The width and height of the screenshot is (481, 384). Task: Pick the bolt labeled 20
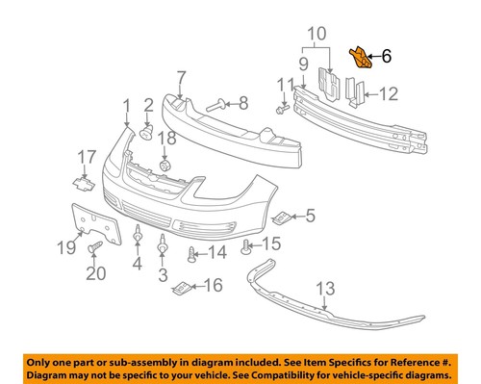tap(94, 249)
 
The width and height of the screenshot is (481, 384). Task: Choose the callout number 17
tap(87, 156)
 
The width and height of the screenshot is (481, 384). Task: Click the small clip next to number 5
tap(282, 216)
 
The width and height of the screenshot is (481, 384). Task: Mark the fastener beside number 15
tap(247, 245)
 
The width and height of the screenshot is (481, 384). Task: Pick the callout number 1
tap(125, 103)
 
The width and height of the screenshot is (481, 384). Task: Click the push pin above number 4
tap(139, 232)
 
